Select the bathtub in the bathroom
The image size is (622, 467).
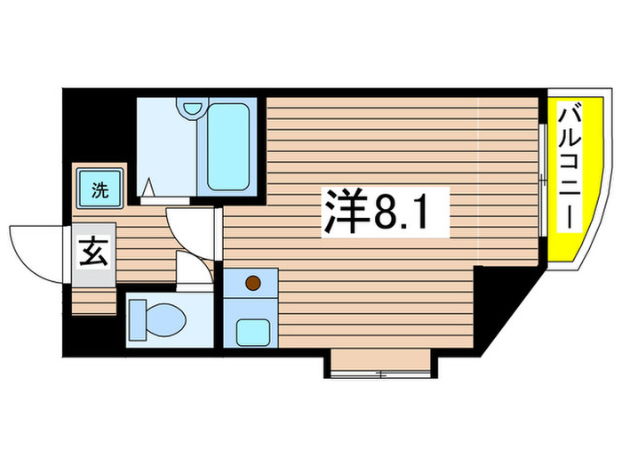pyautogui.click(x=229, y=147)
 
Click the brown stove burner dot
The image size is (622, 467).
pyautogui.click(x=252, y=284)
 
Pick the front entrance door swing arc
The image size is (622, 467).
pyautogui.click(x=36, y=251)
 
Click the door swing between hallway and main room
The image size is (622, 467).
pyautogui.click(x=189, y=229)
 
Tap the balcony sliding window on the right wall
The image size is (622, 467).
pyautogui.click(x=542, y=182)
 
